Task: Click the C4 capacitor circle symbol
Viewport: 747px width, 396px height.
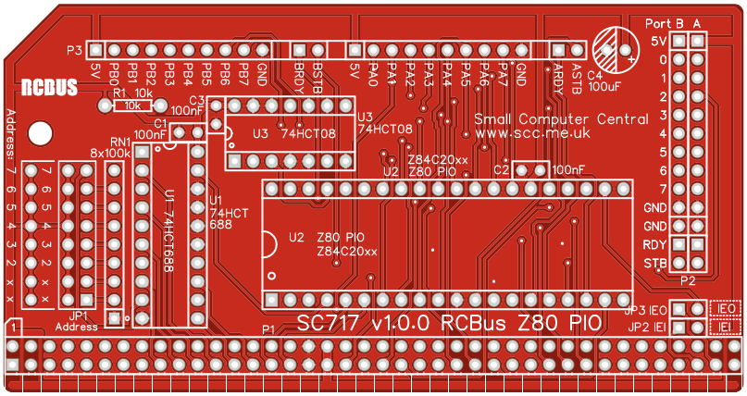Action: tap(615, 45)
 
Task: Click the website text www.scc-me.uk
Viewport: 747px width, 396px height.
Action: tap(532, 133)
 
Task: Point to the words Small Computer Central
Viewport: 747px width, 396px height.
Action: tap(561, 118)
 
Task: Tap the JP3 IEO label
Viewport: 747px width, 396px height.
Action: tap(645, 310)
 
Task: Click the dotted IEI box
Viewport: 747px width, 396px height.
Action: tap(726, 328)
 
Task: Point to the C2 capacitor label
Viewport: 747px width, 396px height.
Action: tap(502, 169)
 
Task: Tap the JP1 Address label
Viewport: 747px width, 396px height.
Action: tap(76, 321)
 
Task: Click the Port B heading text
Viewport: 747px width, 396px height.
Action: tap(664, 22)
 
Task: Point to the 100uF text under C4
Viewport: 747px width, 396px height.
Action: tap(604, 86)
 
